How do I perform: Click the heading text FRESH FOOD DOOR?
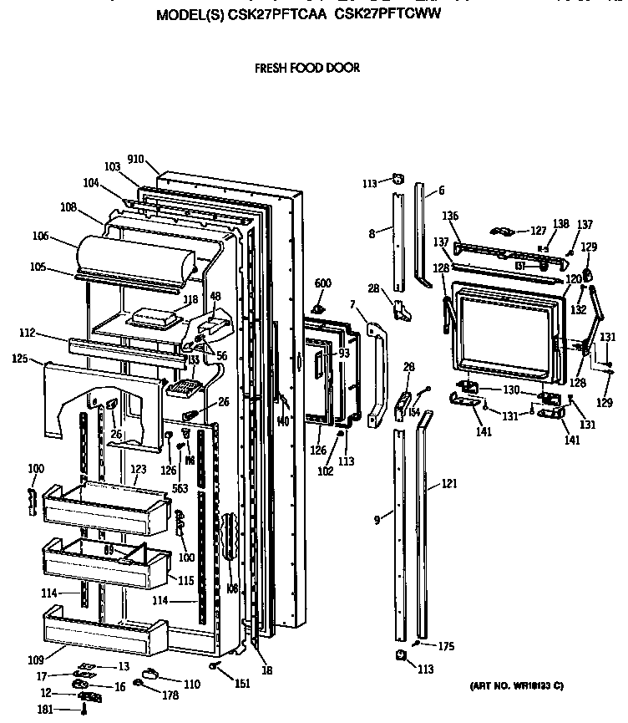click(307, 68)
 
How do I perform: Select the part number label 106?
click(64, 237)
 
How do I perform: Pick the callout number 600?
click(323, 283)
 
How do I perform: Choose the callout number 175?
click(446, 645)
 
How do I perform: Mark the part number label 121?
click(450, 484)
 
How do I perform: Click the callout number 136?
click(450, 216)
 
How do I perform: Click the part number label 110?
click(191, 684)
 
